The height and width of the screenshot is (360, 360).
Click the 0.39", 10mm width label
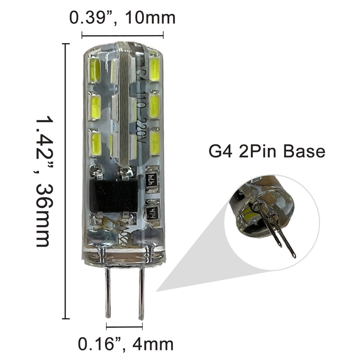122,18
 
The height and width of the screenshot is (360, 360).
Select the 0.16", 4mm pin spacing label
126,344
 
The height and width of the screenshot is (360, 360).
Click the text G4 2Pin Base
266,151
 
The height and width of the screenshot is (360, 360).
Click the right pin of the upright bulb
141,292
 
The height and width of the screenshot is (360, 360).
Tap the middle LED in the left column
95,107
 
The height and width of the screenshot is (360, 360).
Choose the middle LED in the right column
155,106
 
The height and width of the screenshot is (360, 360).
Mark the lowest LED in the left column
95,142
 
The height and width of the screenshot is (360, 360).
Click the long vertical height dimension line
67,180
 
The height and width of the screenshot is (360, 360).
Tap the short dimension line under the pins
125,327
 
